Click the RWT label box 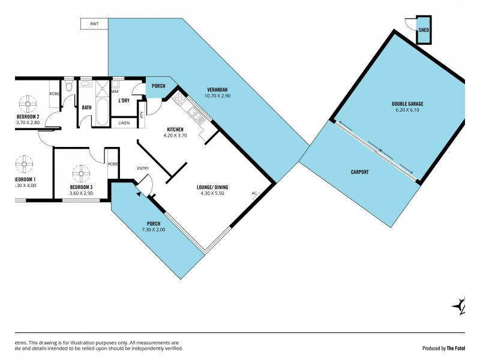point(94,23)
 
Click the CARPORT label point(359,172)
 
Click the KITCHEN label point(175,130)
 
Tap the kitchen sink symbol point(193,113)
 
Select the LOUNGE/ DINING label point(212,187)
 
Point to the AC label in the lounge point(254,193)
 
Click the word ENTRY point(143,168)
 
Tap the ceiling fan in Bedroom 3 point(81,173)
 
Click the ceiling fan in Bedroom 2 point(28,100)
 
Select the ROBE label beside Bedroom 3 point(113,164)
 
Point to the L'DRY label point(124,100)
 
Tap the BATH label point(86,108)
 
